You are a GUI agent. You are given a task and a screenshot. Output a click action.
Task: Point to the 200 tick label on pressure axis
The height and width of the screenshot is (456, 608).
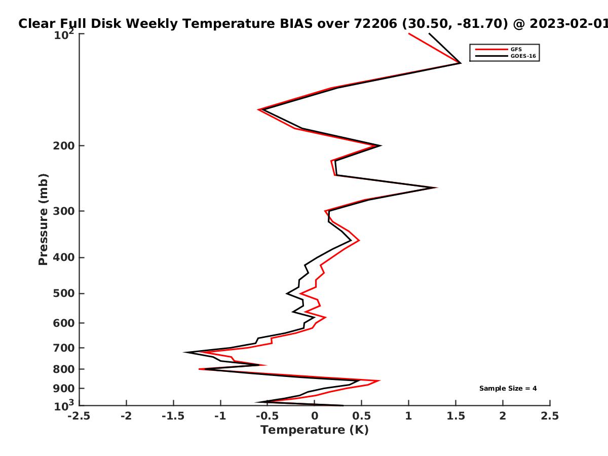[64, 145]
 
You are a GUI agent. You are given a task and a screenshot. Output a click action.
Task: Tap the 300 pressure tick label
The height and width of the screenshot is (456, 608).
[64, 211]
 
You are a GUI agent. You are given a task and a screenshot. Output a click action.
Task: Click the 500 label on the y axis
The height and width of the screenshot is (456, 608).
[64, 293]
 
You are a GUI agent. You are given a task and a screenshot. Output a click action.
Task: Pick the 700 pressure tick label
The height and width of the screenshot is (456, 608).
[64, 348]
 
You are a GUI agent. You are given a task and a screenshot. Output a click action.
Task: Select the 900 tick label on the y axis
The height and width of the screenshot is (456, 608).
[64, 389]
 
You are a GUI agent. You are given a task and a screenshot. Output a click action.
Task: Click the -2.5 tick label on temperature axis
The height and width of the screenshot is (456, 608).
[79, 416]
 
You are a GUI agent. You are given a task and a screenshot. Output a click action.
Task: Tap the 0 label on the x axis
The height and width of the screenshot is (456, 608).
[315, 416]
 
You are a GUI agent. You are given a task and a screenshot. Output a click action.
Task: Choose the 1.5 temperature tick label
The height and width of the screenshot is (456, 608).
[455, 416]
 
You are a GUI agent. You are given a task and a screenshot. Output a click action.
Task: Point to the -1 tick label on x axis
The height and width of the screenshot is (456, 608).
[220, 416]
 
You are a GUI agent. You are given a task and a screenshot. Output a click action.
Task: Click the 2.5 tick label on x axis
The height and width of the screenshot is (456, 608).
[550, 416]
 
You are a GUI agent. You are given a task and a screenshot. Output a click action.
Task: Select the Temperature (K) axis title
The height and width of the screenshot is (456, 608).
[315, 430]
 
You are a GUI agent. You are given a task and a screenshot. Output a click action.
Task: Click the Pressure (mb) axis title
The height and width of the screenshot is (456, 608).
[43, 219]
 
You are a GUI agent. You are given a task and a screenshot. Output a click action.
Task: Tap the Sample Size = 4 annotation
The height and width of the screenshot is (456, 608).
[508, 389]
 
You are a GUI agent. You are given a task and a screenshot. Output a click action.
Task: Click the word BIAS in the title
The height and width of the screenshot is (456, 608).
[296, 24]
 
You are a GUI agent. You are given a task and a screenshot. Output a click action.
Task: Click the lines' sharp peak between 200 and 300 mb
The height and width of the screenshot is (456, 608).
[436, 187]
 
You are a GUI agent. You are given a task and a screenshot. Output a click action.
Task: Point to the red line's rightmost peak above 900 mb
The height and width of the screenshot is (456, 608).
[379, 381]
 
